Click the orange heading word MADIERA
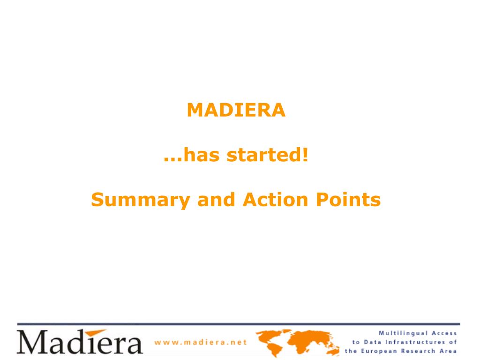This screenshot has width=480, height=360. coord(236,110)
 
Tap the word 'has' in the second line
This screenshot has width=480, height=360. coord(202,155)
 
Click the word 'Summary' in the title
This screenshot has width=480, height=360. coord(141,201)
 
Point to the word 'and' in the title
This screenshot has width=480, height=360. coord(217,200)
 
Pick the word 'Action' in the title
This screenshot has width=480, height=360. coord(275,200)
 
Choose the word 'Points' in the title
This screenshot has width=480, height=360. coord(348,200)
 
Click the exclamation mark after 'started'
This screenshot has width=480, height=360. coord(305,155)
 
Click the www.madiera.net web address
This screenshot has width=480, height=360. coord(201,342)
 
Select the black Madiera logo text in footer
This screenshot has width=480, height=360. coord(80,342)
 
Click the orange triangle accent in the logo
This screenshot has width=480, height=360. coord(96,333)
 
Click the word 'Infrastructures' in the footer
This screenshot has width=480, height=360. coord(414,342)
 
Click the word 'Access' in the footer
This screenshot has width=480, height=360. coord(444,333)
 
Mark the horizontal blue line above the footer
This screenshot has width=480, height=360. coord(239,324)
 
